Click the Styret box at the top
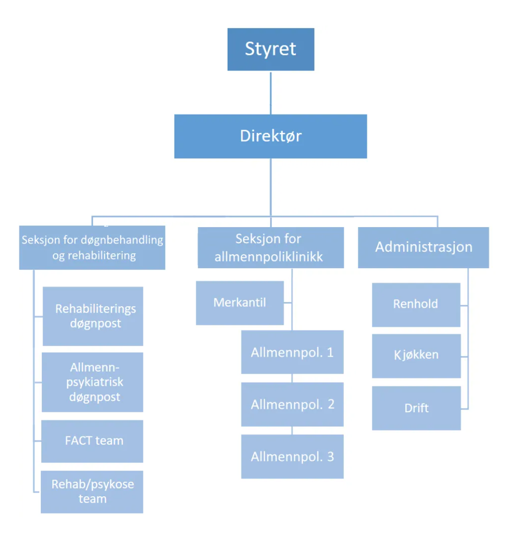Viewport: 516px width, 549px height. (270, 49)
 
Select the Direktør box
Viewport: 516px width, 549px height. (270, 136)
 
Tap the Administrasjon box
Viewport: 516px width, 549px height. (423, 247)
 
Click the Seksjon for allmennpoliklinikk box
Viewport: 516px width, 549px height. (270, 248)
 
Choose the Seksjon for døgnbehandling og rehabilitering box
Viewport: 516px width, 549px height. (92, 248)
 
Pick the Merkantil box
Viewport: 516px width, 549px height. (240, 302)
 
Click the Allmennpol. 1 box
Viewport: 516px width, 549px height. (292, 353)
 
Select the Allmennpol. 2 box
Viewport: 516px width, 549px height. (292, 404)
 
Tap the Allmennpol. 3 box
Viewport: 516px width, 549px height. (292, 456)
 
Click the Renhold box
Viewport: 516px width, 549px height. (416, 305)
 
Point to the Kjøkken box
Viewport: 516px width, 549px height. (416, 355)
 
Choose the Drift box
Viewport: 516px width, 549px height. (416, 408)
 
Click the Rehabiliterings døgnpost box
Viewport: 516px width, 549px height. (93, 316)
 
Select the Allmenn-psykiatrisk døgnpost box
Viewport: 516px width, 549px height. (93, 382)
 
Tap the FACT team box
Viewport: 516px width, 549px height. (93, 441)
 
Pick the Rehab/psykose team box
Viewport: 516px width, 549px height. (92, 491)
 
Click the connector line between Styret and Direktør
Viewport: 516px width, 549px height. (270, 92)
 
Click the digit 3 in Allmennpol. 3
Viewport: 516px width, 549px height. (330, 457)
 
